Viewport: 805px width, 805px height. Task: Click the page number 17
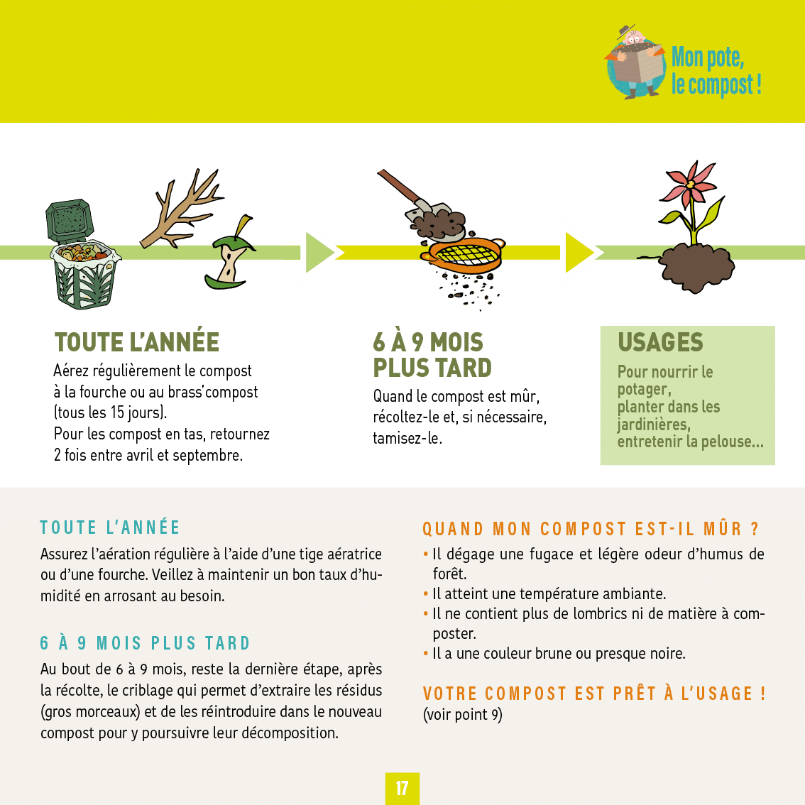tap(402, 788)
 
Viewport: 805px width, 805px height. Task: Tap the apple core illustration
tap(230, 253)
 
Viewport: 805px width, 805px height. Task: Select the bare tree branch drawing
tap(182, 208)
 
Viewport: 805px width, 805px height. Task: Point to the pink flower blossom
tap(688, 183)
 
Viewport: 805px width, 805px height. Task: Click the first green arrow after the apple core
tap(322, 252)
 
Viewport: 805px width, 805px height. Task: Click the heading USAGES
tap(660, 342)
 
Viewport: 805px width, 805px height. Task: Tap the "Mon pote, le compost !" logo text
tap(716, 71)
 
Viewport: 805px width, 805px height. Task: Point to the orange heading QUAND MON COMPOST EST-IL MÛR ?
tap(591, 528)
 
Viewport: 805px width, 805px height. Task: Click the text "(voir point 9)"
tap(463, 715)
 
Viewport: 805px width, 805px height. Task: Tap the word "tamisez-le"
tap(407, 439)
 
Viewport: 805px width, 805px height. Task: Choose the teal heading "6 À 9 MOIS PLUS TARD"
tap(146, 642)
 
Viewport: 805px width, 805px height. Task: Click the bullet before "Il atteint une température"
tap(426, 594)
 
